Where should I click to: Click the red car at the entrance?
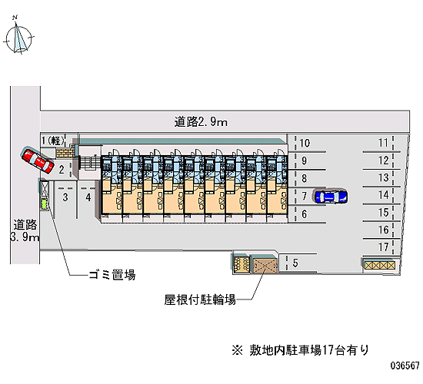coord(37,160)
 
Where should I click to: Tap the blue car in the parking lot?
coord(331,197)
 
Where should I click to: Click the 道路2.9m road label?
coord(201,122)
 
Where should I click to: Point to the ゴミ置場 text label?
coord(112,275)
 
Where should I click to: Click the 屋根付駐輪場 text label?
coord(200,300)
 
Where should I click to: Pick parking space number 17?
coord(383,247)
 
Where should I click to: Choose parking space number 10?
coord(305,143)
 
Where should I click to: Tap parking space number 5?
coord(295,263)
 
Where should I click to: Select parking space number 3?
coord(65,197)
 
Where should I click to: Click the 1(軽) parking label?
coord(53,141)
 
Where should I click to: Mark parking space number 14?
coord(383,195)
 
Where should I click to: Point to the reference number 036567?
coord(405,366)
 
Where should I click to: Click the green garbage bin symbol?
coord(44,204)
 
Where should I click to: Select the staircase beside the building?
coord(89,163)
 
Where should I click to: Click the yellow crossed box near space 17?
coord(379,266)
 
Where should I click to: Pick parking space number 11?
coord(383,143)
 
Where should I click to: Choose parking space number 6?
coord(305,214)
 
